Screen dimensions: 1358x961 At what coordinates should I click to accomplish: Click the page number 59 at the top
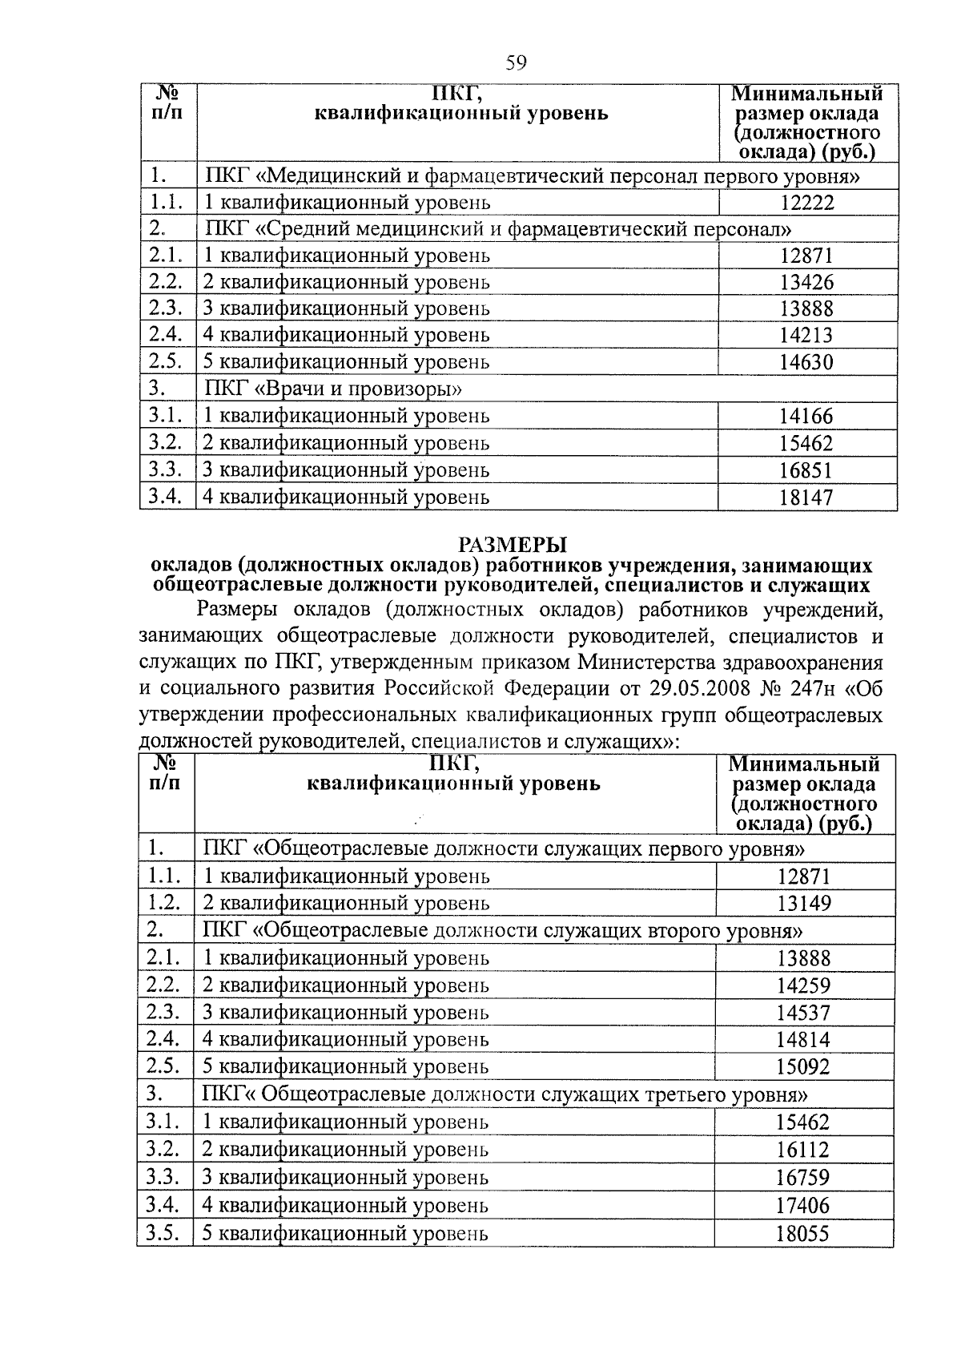tap(516, 62)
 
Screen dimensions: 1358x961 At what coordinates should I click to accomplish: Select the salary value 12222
tap(806, 203)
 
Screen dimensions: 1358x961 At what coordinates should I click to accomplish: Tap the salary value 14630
tap(806, 363)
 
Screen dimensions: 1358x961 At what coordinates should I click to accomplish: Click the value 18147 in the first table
tap(806, 498)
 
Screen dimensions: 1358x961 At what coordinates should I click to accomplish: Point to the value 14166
tap(806, 417)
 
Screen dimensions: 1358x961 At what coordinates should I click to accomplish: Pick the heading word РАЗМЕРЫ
tap(513, 546)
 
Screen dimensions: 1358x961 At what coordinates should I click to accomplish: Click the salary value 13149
tap(804, 904)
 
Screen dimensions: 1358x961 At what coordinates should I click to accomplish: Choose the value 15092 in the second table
tap(804, 1067)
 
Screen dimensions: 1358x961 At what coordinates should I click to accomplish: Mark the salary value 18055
tap(804, 1235)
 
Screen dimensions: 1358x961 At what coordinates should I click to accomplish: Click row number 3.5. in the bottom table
tap(163, 1233)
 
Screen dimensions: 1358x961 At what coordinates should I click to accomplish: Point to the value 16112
tap(804, 1150)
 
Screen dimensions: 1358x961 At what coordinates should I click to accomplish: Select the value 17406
tap(804, 1206)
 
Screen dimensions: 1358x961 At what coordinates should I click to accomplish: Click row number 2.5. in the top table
tap(166, 361)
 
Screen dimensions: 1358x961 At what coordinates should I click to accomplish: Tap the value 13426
tap(806, 283)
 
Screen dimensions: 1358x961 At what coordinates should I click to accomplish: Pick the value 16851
tap(806, 470)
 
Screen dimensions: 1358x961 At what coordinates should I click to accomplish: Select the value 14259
tap(804, 985)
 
